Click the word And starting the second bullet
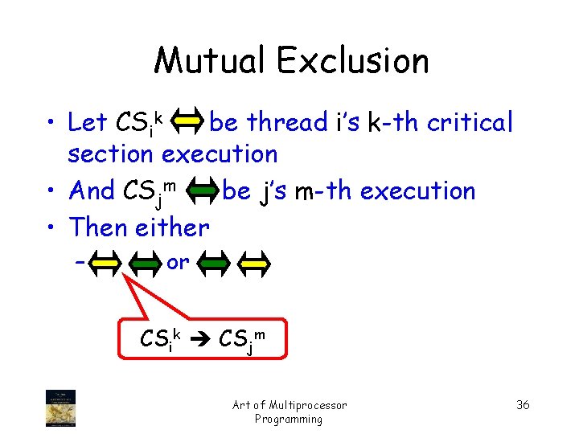[92, 191]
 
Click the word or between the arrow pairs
[178, 262]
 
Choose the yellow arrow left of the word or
[106, 262]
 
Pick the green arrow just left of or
[146, 262]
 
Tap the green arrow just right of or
[214, 262]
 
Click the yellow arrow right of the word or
[257, 262]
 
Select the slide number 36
[523, 404]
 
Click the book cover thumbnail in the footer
[61, 407]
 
